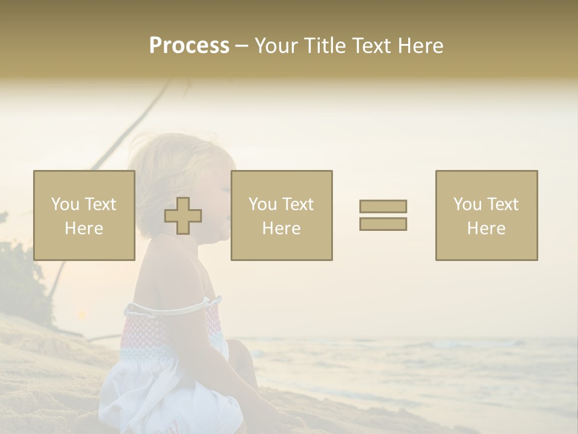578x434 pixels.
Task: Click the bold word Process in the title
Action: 189,46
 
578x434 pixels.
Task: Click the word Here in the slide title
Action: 419,46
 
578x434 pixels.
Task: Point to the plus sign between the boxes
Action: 183,216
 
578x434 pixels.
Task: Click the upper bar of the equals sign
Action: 383,206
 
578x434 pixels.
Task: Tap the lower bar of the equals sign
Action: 383,224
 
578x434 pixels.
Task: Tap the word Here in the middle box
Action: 282,228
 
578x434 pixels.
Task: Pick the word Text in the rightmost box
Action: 502,204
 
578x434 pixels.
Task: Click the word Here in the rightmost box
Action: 486,228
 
